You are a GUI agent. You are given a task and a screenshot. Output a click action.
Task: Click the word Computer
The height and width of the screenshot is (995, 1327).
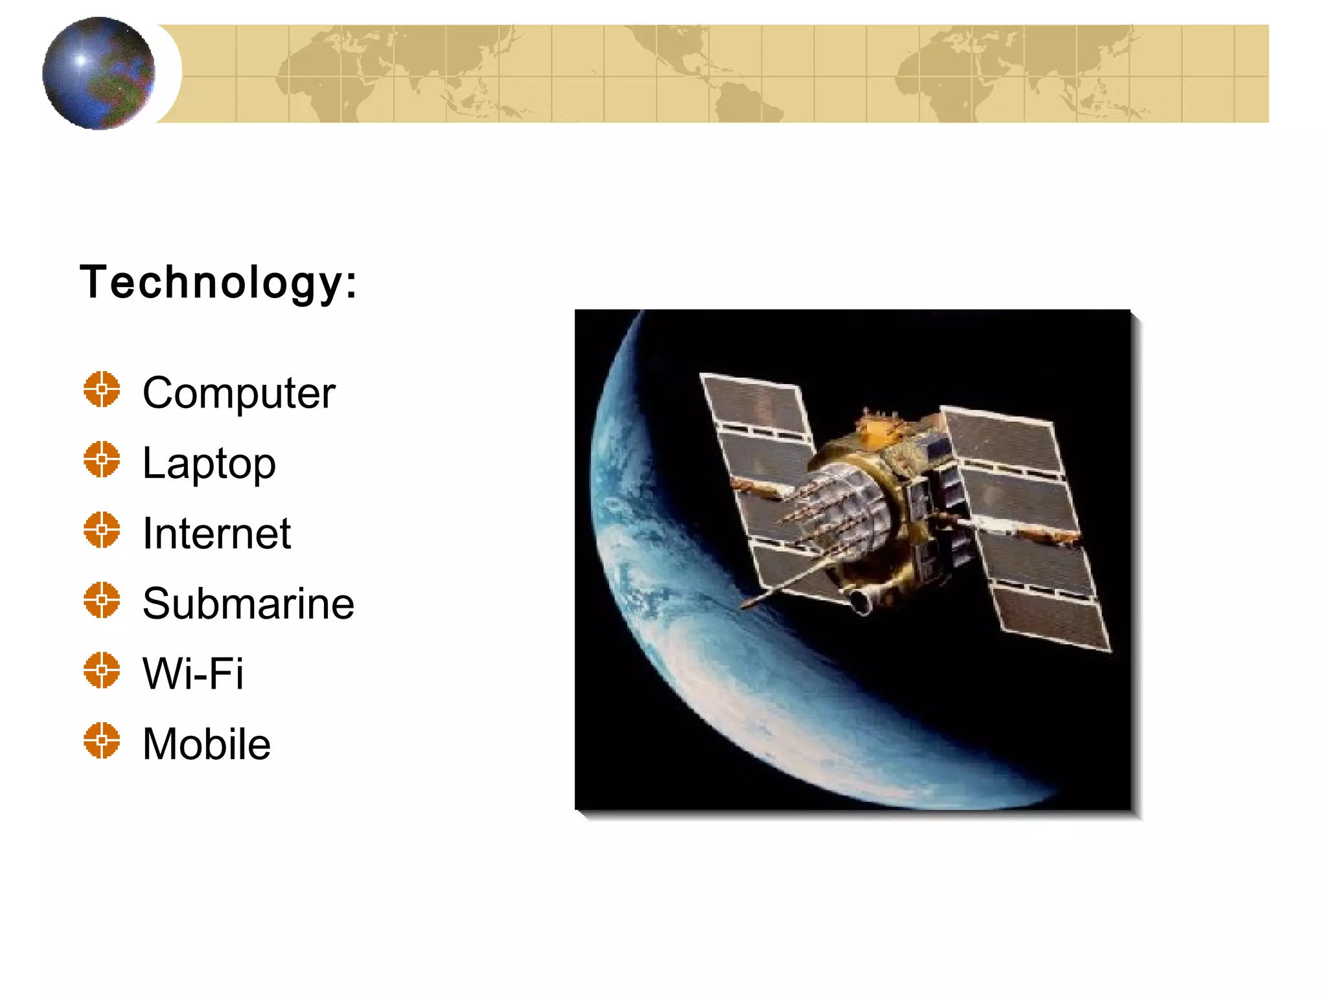pyautogui.click(x=238, y=393)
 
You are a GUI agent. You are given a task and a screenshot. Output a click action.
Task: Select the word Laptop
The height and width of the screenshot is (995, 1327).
pyautogui.click(x=209, y=464)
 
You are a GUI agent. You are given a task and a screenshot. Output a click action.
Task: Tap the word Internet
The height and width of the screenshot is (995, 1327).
pyautogui.click(x=216, y=534)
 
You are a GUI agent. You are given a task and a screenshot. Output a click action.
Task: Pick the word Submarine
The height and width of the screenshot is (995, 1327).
pyautogui.click(x=248, y=604)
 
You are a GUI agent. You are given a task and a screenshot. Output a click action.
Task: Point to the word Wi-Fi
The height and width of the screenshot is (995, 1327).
pyautogui.click(x=193, y=674)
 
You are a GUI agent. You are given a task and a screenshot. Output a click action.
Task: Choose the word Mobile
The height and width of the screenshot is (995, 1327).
pyautogui.click(x=206, y=744)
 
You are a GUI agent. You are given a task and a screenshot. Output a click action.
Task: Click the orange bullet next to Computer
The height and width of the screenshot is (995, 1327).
pyautogui.click(x=102, y=389)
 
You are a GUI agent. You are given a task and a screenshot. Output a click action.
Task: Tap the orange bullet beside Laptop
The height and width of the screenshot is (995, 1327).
pyautogui.click(x=102, y=459)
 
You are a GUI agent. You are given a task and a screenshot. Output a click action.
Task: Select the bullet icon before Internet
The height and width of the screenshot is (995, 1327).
pyautogui.click(x=102, y=530)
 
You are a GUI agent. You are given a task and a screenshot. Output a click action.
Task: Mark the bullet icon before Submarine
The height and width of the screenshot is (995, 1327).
pyautogui.click(x=102, y=600)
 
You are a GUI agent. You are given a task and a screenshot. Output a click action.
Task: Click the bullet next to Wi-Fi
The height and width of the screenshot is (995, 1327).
pyautogui.click(x=102, y=670)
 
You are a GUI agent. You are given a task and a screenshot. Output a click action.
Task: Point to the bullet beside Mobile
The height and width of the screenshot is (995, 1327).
pyautogui.click(x=102, y=740)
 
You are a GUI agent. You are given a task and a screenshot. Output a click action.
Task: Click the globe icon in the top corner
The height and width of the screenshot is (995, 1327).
pyautogui.click(x=98, y=73)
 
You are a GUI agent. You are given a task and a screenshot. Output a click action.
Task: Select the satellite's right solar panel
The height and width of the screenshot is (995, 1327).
pyautogui.click(x=1024, y=525)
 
